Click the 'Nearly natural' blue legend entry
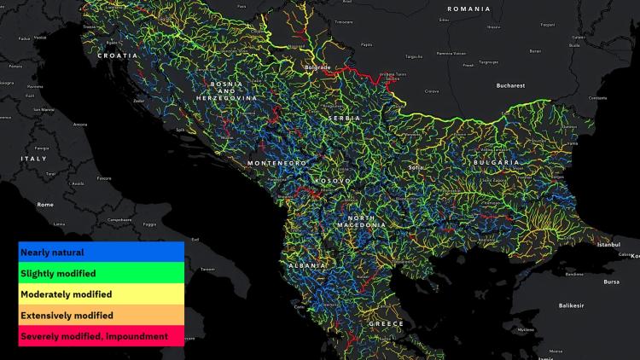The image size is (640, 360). [x=101, y=253]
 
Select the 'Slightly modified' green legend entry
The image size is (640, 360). [x=101, y=273]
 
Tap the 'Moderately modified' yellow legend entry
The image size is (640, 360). [x=101, y=294]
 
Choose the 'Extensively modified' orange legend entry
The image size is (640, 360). [x=101, y=315]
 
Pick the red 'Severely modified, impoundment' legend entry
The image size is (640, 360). [x=101, y=336]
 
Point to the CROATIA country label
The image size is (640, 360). [x=118, y=55]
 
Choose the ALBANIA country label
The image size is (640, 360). [x=307, y=266]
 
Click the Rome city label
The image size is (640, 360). [x=45, y=205]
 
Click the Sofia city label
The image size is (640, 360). [x=416, y=168]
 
